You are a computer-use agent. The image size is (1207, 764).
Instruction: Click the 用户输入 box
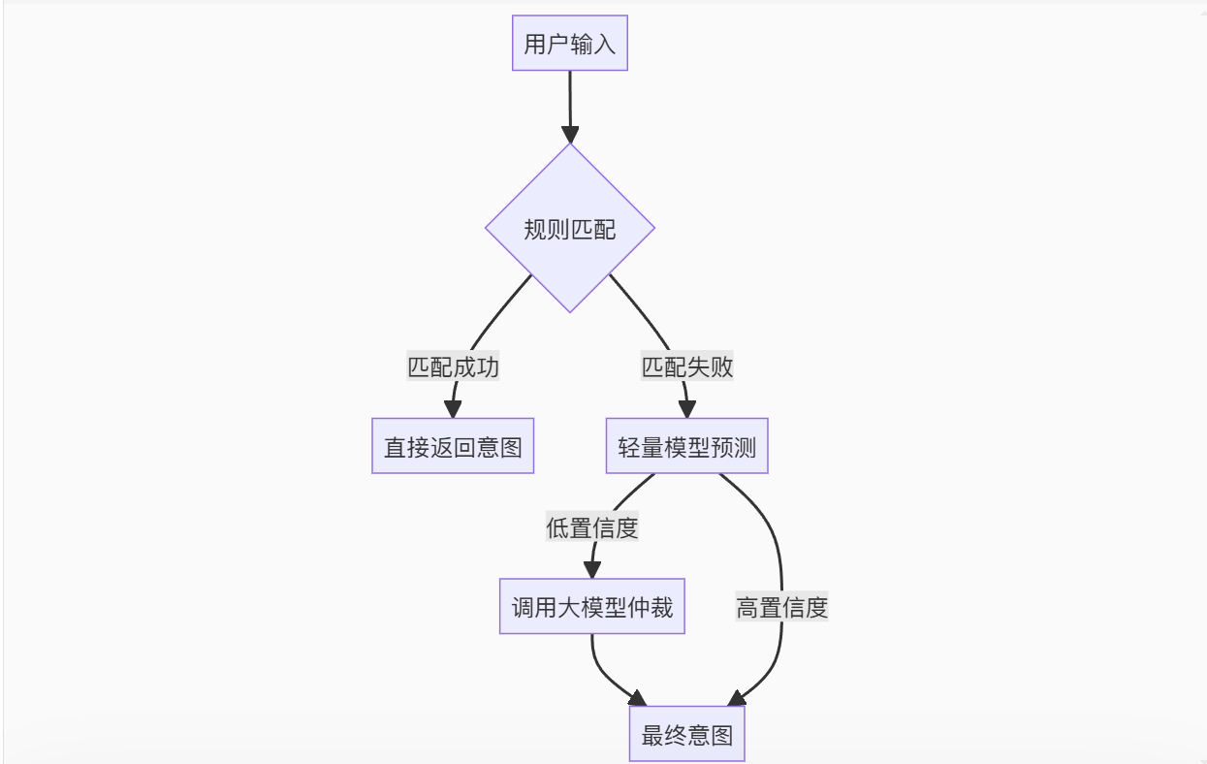[570, 44]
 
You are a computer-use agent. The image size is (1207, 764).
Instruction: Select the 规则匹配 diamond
[570, 229]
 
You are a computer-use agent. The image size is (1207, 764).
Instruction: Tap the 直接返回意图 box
[453, 447]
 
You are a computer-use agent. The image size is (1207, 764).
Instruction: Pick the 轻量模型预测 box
[687, 447]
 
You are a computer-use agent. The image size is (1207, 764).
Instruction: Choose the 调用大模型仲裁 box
[592, 608]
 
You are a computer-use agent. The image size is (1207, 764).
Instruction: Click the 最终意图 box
[687, 735]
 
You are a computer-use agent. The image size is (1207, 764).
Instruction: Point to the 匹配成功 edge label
[454, 367]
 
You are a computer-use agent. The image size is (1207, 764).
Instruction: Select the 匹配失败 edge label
[687, 367]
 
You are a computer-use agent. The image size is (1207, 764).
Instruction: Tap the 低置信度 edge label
[592, 528]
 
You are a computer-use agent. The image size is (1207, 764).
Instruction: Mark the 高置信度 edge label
[781, 608]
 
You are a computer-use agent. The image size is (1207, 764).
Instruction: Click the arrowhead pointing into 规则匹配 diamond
[570, 134]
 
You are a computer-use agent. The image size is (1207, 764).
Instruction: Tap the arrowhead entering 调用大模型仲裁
[591, 570]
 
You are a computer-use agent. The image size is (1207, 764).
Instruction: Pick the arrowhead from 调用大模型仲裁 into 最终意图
[636, 698]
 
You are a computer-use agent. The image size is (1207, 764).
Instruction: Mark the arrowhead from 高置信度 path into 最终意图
[737, 698]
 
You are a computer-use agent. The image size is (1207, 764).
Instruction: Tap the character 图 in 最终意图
[721, 736]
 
